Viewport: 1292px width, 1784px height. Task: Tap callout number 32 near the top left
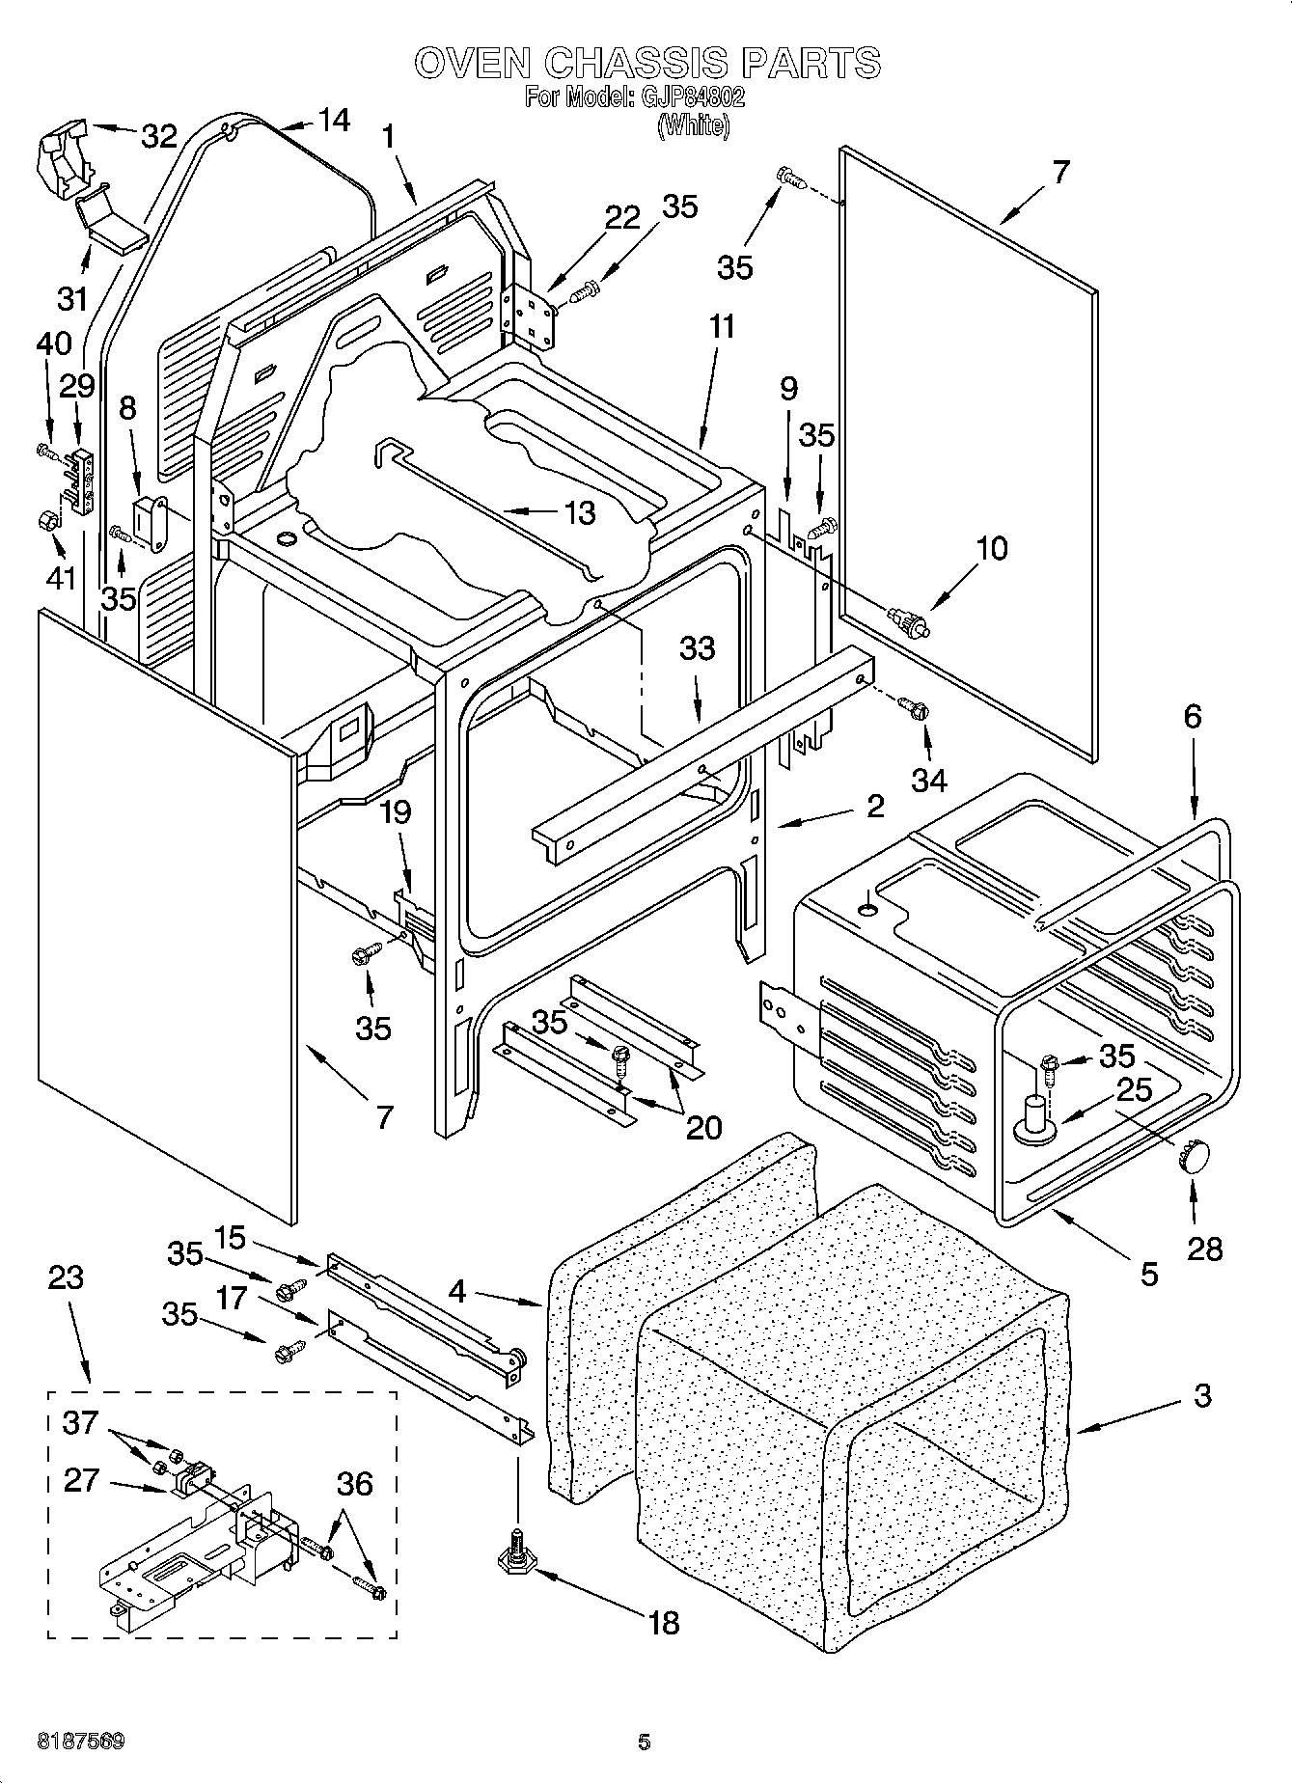pos(159,136)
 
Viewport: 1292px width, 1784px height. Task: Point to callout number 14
pos(333,120)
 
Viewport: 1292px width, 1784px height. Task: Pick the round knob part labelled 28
pos(1193,1154)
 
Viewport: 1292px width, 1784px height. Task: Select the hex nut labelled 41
pos(45,522)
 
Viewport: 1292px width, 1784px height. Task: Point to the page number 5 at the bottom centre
pos(645,1743)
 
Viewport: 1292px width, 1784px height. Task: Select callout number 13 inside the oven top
pos(579,512)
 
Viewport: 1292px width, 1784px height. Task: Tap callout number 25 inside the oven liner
pos(1135,1089)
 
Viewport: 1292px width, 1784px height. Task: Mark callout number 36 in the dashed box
pos(354,1483)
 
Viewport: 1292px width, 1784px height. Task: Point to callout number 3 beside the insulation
pos(1201,1395)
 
